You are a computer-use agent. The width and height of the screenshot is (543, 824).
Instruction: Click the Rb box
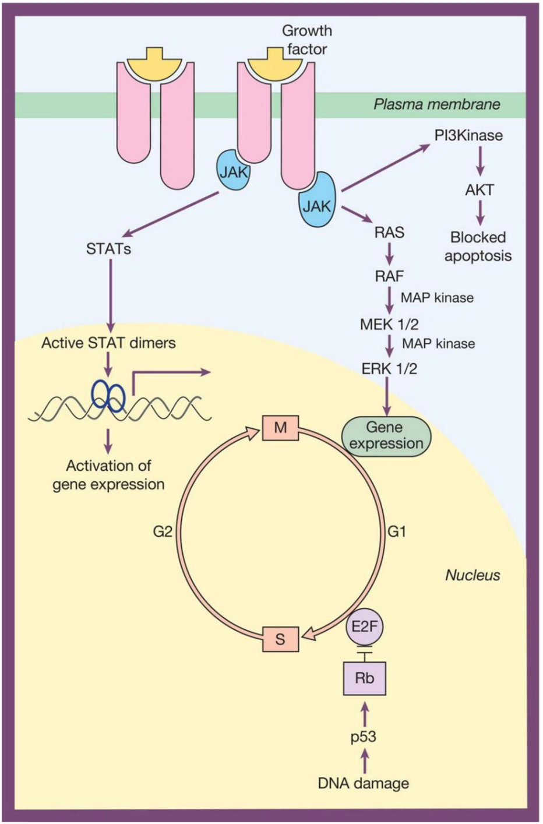(x=365, y=678)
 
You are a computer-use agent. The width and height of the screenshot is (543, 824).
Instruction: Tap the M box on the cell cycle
(x=280, y=428)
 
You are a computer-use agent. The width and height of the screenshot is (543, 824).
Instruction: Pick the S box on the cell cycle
(x=280, y=639)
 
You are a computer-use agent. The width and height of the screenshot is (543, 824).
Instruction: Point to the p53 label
(x=364, y=737)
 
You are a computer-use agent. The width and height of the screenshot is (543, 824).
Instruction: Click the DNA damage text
(x=364, y=783)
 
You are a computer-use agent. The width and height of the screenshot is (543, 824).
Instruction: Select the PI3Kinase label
(x=468, y=136)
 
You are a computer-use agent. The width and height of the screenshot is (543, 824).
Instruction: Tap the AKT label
(x=479, y=189)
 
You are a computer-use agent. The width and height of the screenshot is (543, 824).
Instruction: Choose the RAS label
(x=390, y=233)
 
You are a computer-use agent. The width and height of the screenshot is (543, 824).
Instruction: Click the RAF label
(x=390, y=275)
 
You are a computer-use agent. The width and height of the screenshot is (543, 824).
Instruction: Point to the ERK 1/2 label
(x=389, y=368)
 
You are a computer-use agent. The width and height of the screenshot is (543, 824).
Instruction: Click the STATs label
(x=108, y=249)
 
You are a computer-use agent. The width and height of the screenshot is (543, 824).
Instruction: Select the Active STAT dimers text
(x=108, y=343)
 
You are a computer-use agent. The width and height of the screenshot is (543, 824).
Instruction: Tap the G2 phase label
(x=163, y=531)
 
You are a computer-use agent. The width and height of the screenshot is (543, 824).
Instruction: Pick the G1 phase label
(x=397, y=531)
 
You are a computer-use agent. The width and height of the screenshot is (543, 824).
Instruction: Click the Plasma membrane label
(x=437, y=105)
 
